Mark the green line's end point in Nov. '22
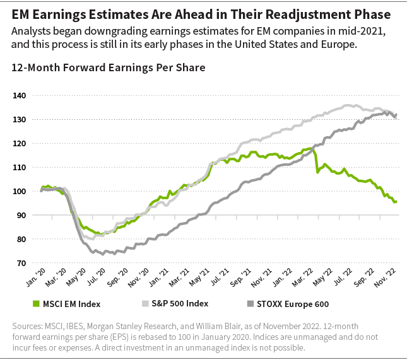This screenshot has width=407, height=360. (x=396, y=202)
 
